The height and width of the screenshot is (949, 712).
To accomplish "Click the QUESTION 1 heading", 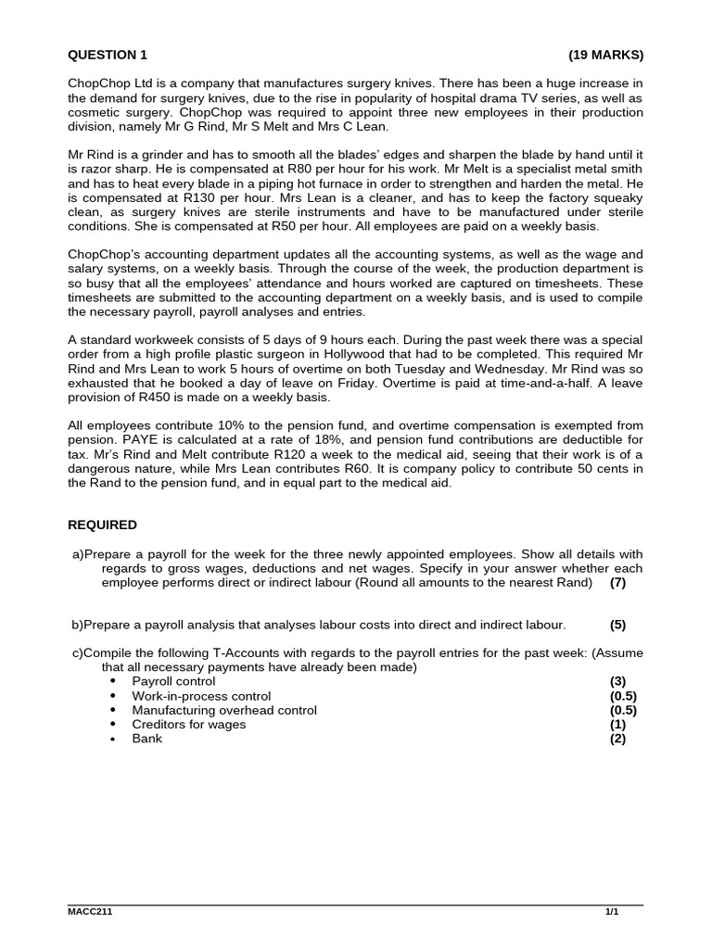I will coord(108,54).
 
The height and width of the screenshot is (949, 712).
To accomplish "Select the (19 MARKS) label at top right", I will coord(605,54).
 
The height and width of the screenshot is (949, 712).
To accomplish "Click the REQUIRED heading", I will coord(102,525).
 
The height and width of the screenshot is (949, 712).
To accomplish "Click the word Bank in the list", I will coord(146,739).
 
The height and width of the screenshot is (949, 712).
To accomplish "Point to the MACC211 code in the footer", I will coord(90,912).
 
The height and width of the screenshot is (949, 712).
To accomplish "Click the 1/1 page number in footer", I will coord(611,912).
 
